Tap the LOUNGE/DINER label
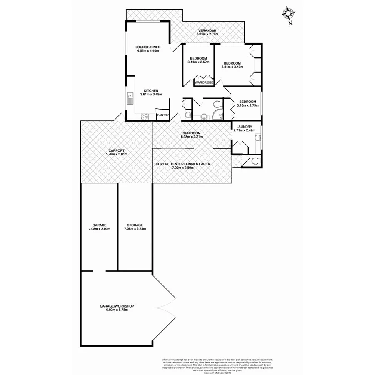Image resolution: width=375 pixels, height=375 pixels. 148,47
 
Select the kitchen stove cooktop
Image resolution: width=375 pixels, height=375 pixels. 145,117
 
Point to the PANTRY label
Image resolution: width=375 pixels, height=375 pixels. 162,115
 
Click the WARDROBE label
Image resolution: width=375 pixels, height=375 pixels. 204,83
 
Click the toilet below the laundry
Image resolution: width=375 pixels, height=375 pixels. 255,161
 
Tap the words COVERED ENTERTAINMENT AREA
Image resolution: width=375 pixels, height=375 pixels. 182,164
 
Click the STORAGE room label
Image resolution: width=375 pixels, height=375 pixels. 135,225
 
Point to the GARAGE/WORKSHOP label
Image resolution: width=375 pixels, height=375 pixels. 117,306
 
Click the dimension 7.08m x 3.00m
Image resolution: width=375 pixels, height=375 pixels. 99,229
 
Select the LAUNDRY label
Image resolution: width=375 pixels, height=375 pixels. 245,127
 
